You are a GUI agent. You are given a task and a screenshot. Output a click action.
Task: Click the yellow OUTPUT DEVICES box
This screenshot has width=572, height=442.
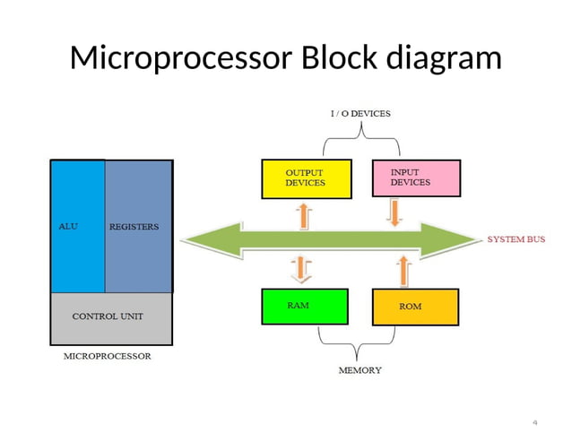(304, 178)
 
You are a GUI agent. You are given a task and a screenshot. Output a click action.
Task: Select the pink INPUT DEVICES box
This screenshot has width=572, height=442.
(415, 178)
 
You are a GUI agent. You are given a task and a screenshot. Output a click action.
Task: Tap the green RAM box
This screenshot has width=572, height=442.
(304, 307)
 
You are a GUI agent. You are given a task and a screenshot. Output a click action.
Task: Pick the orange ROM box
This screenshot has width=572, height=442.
(415, 307)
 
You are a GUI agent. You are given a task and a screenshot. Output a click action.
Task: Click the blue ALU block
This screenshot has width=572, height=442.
(77, 227)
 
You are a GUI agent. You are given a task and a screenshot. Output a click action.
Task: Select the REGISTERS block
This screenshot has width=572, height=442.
(138, 227)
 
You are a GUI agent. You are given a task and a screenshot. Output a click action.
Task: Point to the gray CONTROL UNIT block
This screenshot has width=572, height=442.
(111, 317)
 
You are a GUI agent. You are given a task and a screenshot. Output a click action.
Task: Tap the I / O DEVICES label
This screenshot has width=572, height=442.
(360, 114)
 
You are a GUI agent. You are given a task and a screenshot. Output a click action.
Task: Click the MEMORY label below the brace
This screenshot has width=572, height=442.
(360, 369)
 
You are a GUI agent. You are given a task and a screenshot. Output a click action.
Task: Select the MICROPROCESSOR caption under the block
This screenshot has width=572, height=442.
(108, 356)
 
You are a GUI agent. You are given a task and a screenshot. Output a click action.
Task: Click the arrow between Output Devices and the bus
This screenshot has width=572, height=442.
(302, 214)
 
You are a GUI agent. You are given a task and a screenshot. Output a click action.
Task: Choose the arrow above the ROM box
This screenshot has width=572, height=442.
(403, 269)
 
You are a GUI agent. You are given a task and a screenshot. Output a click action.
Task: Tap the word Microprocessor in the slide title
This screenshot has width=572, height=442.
(180, 58)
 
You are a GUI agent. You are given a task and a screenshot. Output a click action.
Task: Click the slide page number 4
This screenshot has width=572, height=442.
(534, 422)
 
